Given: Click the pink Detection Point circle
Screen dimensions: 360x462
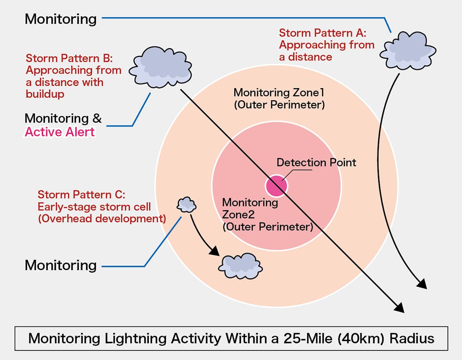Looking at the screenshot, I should pyautogui.click(x=276, y=186).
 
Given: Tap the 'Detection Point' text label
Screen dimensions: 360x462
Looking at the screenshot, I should pyautogui.click(x=316, y=163).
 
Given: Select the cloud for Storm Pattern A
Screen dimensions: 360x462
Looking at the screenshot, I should pyautogui.click(x=407, y=51).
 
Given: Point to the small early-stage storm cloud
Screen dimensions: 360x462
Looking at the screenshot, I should pyautogui.click(x=187, y=205).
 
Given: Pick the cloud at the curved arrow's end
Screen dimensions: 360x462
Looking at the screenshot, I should pyautogui.click(x=240, y=266).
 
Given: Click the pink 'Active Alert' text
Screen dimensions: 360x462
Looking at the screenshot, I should pyautogui.click(x=59, y=132).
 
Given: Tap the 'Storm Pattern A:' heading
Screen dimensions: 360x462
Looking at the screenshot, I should pyautogui.click(x=322, y=33).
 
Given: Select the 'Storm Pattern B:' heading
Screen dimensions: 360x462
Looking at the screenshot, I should pyautogui.click(x=69, y=58).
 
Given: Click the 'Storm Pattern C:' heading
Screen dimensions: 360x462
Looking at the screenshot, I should pyautogui.click(x=81, y=195).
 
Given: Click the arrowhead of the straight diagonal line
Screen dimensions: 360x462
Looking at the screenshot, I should pyautogui.click(x=400, y=307).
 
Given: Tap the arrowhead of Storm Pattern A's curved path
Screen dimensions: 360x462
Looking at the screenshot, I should pyautogui.click(x=422, y=284).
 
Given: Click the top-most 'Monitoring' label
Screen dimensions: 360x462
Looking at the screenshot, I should pyautogui.click(x=60, y=19).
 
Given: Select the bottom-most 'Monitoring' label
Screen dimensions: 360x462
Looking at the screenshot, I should pyautogui.click(x=60, y=265).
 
